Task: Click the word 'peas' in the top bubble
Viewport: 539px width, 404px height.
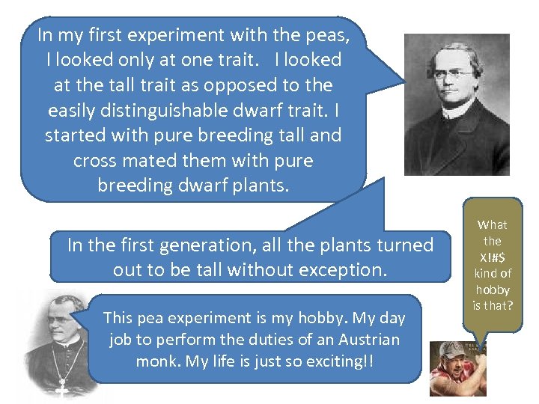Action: tap(325, 34)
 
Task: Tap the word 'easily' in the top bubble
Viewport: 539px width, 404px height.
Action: tap(71, 110)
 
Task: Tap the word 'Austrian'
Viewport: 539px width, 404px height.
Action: tap(367, 340)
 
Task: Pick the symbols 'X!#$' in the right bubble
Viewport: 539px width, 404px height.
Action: tap(492, 257)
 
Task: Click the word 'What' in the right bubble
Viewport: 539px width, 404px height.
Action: tap(492, 224)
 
